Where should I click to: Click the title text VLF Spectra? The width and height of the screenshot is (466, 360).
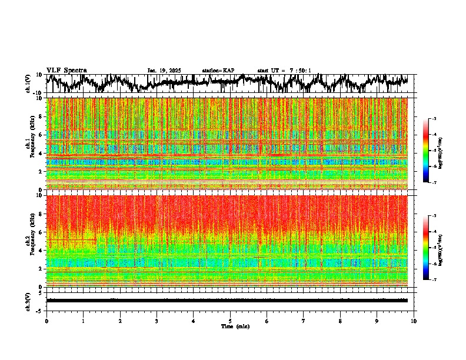(66, 70)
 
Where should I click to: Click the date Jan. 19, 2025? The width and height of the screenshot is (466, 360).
(164, 71)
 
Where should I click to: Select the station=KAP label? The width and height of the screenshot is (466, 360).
(218, 71)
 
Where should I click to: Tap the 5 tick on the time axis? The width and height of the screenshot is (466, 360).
(230, 321)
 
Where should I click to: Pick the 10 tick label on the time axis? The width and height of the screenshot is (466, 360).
(414, 321)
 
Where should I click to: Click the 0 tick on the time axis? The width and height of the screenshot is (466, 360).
(46, 321)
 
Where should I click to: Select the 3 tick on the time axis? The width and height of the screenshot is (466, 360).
(157, 321)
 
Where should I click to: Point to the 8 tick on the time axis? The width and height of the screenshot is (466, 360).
(340, 321)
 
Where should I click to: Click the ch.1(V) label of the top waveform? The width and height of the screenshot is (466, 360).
(28, 84)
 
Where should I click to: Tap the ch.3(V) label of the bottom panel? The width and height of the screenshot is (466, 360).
(28, 300)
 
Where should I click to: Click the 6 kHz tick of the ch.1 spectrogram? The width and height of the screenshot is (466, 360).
(39, 135)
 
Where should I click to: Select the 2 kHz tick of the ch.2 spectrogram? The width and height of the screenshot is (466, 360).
(39, 269)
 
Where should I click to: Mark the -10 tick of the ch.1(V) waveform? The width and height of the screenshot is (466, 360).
(38, 93)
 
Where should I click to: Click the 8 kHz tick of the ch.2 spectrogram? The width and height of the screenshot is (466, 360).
(39, 214)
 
